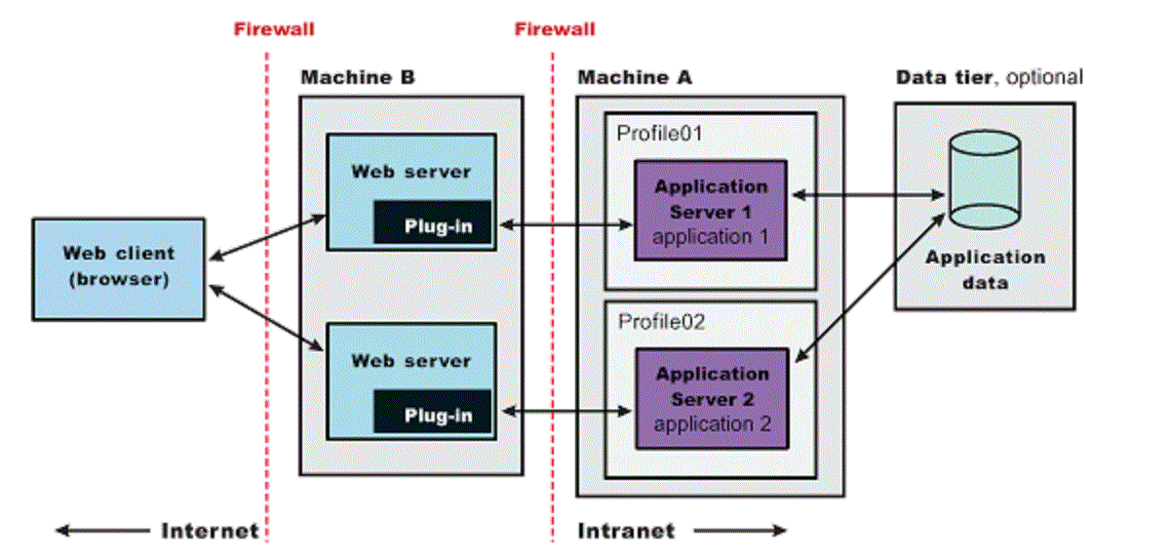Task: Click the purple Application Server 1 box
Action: click(x=711, y=211)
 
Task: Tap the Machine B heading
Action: click(x=357, y=78)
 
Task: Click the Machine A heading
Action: click(x=635, y=78)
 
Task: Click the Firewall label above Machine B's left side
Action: click(x=274, y=28)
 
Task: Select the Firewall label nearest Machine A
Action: click(x=555, y=28)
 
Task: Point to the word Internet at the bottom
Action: click(x=210, y=531)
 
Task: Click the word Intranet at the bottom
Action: click(x=626, y=531)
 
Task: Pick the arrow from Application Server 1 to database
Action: click(x=868, y=196)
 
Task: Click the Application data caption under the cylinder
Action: click(x=985, y=270)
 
